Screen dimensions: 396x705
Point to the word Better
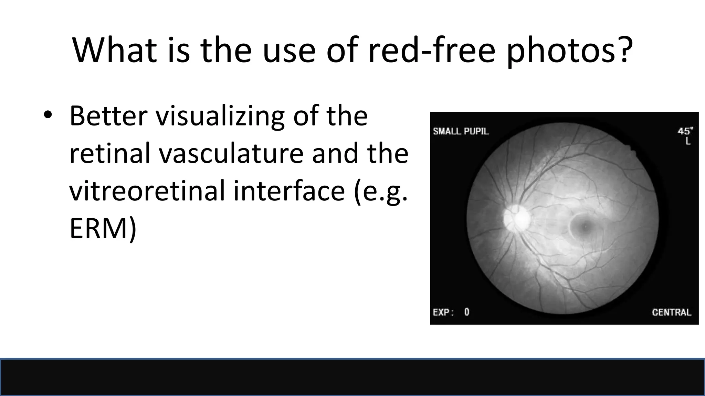tap(108, 116)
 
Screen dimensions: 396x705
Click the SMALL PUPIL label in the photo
tap(461, 131)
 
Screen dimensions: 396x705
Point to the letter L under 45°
tap(688, 141)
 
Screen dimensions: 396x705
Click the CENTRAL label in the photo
tap(671, 312)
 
